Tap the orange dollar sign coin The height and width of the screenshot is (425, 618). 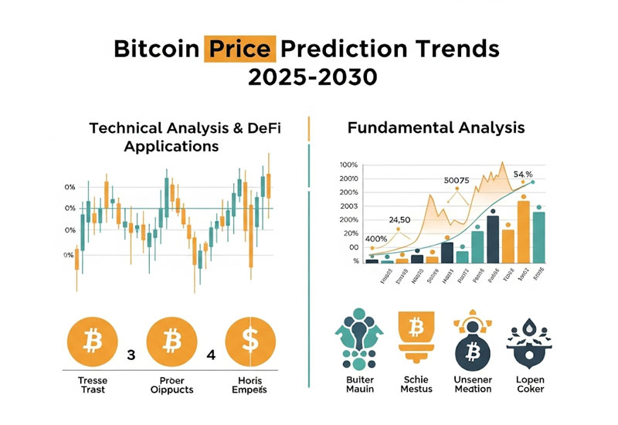[x=251, y=340]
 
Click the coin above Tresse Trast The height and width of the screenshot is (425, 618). [x=92, y=340]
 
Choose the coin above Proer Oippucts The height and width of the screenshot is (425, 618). [x=171, y=340]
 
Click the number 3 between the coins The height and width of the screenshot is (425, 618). [x=131, y=357]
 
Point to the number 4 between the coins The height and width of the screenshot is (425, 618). [x=210, y=357]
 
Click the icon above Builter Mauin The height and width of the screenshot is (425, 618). [x=358, y=341]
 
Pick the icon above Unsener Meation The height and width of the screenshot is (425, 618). [x=472, y=340]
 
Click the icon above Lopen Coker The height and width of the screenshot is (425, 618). [x=529, y=340]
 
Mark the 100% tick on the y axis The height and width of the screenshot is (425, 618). [x=348, y=165]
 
